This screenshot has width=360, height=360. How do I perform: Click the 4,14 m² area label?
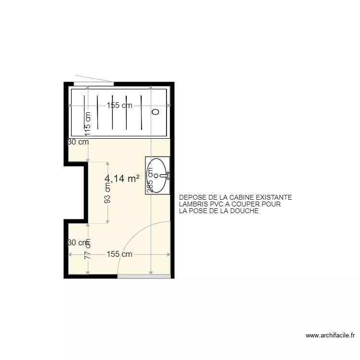point(122,179)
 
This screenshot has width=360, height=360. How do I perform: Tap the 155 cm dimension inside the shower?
point(120,106)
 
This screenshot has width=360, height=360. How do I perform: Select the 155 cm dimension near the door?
point(120,254)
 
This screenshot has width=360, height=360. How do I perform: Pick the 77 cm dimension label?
point(88,252)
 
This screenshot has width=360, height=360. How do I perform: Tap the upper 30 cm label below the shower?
point(78,142)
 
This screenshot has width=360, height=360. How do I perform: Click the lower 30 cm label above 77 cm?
point(78,242)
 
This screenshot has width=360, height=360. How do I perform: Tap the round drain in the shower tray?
point(155,112)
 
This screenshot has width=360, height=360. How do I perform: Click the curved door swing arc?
point(139,235)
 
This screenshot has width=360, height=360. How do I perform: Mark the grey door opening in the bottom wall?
point(144,276)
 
